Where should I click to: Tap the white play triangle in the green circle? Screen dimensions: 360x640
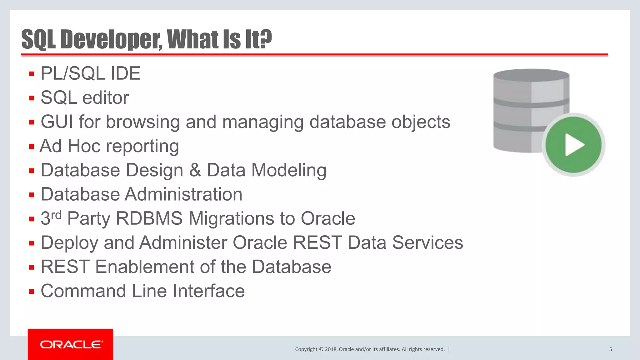coord(574,145)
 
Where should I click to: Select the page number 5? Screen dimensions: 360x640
coord(610,349)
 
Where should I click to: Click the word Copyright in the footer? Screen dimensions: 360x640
coord(306,349)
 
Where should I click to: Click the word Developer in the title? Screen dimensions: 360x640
coord(111,39)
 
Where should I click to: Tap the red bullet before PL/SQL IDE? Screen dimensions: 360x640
coord(31,74)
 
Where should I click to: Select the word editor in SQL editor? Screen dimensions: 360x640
coord(106,98)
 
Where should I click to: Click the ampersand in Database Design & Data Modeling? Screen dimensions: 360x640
coord(195,170)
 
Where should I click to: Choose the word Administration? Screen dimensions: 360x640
coord(184,194)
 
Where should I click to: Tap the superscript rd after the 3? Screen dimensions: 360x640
coord(56,215)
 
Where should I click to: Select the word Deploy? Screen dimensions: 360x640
coord(69,243)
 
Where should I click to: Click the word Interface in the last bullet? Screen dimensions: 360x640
coord(208,291)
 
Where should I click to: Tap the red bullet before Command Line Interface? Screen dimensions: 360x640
coord(31,292)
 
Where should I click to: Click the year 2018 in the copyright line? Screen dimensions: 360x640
coord(331,349)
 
